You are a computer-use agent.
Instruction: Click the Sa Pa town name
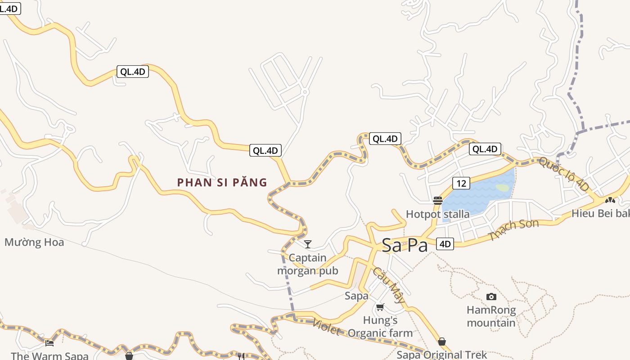[405, 245]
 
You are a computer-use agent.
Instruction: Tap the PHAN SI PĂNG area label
[222, 182]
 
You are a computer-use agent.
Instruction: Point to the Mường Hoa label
[34, 243]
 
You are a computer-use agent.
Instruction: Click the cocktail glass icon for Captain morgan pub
[308, 244]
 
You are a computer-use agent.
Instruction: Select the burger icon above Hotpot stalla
[437, 200]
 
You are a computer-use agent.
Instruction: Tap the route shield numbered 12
[460, 183]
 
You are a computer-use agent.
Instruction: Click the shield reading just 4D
[445, 244]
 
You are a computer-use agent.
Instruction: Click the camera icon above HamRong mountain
[491, 297]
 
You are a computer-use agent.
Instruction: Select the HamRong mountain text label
[491, 316]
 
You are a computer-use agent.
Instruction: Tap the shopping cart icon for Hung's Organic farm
[380, 307]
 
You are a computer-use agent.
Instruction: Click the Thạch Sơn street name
[514, 230]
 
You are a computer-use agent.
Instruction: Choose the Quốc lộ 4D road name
[563, 174]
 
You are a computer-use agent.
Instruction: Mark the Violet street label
[326, 327]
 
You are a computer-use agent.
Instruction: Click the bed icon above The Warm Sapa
[49, 343]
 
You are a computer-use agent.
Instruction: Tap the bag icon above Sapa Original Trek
[442, 342]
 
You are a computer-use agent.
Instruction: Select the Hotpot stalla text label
[437, 214]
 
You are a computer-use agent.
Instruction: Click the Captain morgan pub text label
[308, 264]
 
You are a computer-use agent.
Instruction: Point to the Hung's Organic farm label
[380, 327]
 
